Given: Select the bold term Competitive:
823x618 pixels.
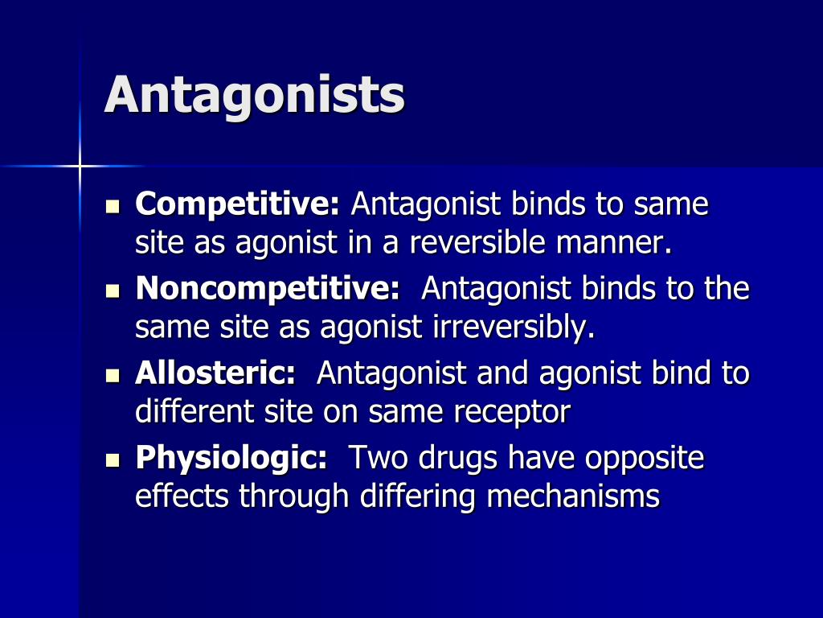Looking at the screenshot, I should tap(238, 205).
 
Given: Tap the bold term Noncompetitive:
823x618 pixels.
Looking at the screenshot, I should tap(268, 289).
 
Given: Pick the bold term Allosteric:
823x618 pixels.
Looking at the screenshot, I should tap(215, 373).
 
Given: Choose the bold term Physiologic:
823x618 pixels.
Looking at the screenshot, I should tap(231, 458).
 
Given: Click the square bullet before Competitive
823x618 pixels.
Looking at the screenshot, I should tap(113, 207).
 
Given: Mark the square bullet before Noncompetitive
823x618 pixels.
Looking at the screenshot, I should tap(113, 290).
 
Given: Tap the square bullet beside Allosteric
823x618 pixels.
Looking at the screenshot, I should tap(113, 375).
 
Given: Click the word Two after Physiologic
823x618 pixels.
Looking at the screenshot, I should tap(372, 458).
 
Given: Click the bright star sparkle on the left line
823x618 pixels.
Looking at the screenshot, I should tap(80, 167).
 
